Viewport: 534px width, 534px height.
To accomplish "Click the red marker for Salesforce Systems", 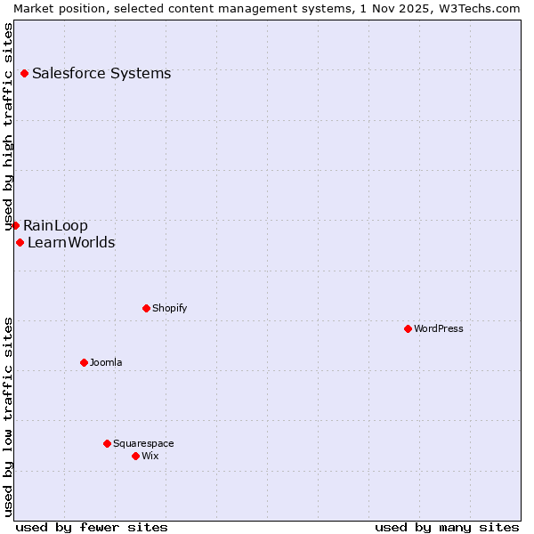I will pos(24,73).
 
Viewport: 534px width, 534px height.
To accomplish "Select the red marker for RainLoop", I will pos(15,225).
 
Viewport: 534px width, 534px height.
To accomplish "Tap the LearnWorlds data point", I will pos(20,242).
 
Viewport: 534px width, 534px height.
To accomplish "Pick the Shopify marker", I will pos(146,308).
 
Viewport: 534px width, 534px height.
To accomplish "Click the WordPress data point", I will pos(408,328).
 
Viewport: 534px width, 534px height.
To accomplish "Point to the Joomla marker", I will pos(84,362).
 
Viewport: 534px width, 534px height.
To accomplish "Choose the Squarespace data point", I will pos(107,443).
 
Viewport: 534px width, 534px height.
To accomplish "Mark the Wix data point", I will pos(135,456).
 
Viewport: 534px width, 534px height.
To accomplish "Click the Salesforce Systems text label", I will pos(101,73).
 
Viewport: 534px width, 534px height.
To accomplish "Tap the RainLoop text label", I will pos(55,225).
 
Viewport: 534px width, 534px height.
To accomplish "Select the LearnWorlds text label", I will pos(71,242).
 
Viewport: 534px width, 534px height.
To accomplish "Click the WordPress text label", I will pos(439,328).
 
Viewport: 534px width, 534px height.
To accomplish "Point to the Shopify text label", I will pos(169,308).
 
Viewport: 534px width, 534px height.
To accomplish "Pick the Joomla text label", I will pos(106,362).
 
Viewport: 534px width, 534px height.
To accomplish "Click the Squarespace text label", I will pos(143,443).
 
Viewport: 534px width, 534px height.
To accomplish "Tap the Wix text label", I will pos(150,456).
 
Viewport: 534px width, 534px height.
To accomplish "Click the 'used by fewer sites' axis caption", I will pos(92,527).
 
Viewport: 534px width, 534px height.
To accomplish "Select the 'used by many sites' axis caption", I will pos(447,527).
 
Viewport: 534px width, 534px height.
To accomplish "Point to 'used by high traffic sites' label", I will pos(8,125).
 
